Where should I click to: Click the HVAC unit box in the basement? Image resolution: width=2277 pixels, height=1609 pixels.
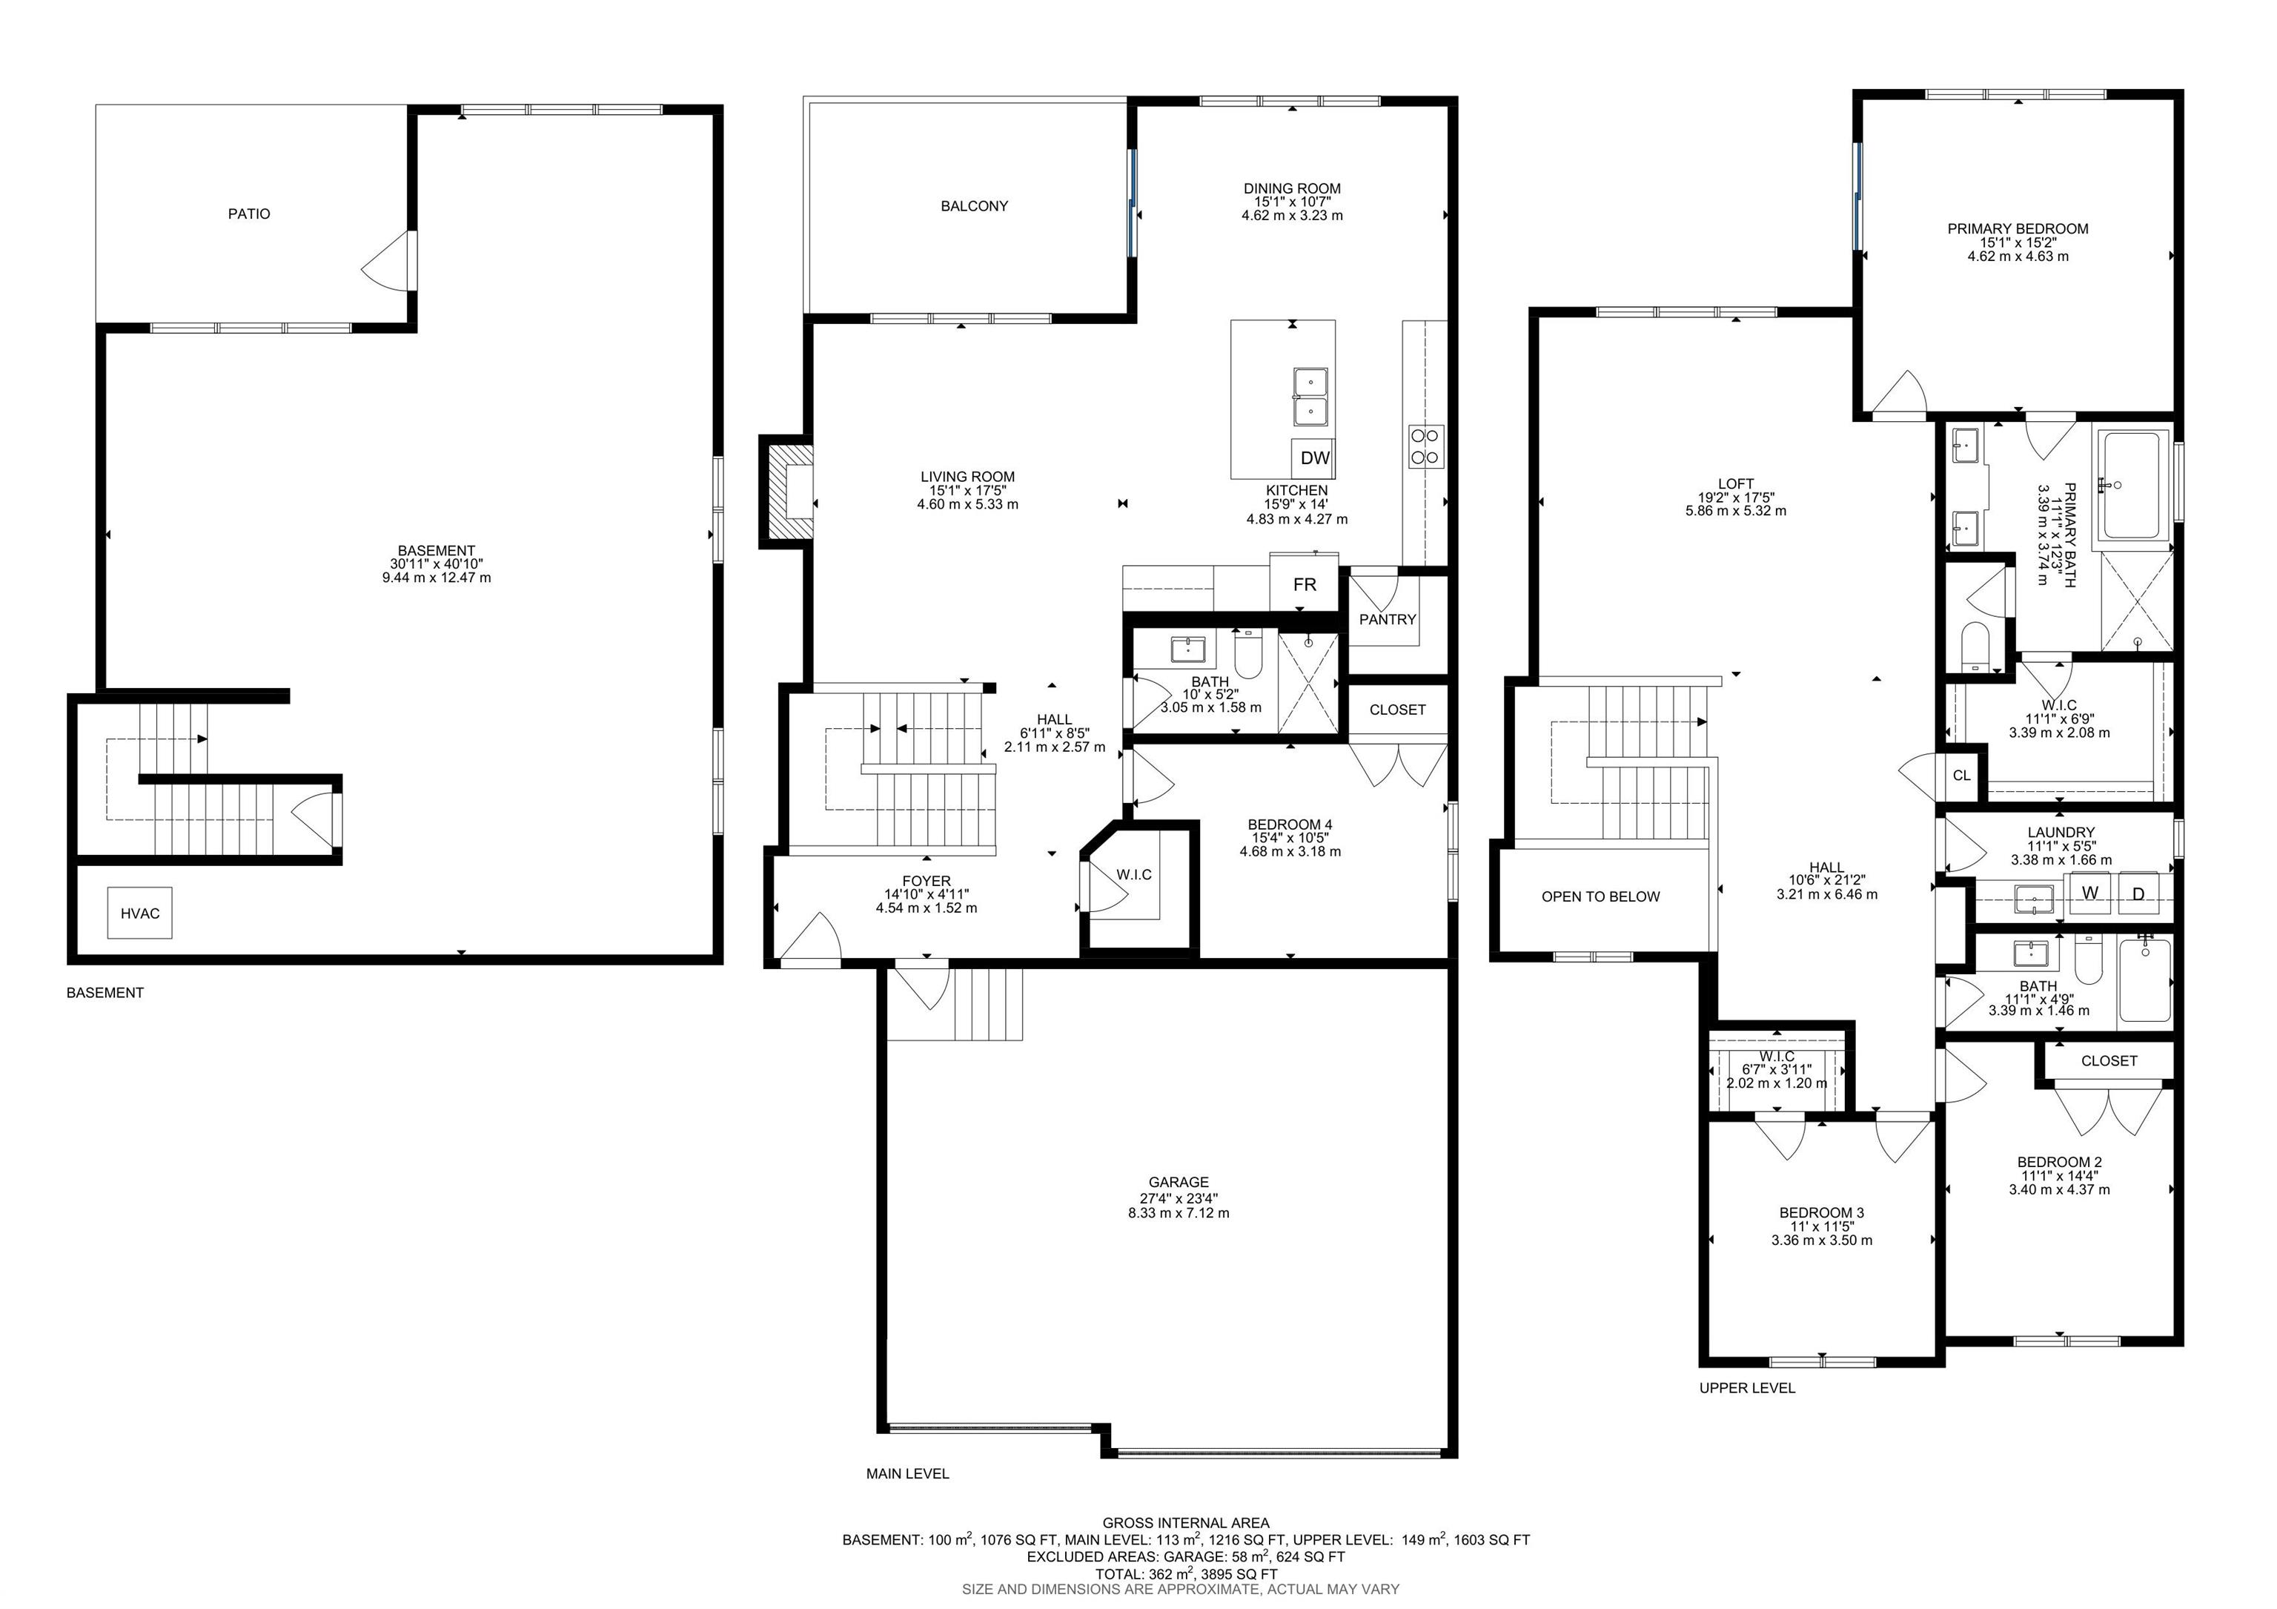click(140, 913)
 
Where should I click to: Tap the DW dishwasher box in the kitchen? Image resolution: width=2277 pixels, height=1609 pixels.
click(1314, 457)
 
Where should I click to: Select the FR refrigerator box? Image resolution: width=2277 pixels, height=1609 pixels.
click(1304, 584)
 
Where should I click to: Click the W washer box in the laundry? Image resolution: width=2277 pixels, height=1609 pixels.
click(2090, 893)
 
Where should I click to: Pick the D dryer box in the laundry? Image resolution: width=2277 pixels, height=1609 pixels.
click(2138, 893)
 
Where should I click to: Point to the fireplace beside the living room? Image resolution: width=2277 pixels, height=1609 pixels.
click(786, 490)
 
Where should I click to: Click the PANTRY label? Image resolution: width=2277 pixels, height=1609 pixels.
click(1388, 619)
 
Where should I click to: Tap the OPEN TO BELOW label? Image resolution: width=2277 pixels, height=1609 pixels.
click(1600, 896)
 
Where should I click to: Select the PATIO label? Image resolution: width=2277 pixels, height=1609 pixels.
click(249, 214)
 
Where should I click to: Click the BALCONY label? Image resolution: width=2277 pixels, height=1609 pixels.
click(974, 206)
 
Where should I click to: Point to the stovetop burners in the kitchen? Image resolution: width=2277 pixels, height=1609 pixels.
click(1426, 446)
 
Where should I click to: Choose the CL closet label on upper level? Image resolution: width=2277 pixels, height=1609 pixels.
click(1961, 776)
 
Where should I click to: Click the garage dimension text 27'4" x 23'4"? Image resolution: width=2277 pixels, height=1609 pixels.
click(1179, 1197)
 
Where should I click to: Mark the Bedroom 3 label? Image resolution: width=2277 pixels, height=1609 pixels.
click(1821, 1212)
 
